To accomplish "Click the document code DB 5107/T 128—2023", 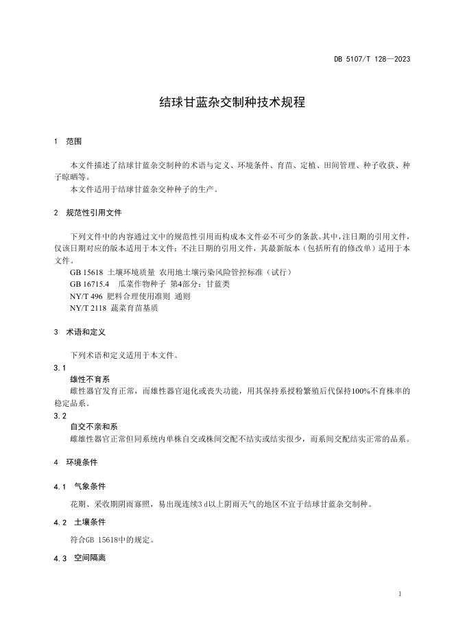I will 372,59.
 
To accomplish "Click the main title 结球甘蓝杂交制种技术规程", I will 227,102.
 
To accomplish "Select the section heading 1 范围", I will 68,141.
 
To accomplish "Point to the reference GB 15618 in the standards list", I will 85,272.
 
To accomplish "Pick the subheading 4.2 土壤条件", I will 80,522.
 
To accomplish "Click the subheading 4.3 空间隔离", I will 80,558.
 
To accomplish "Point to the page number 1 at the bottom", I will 400,593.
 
